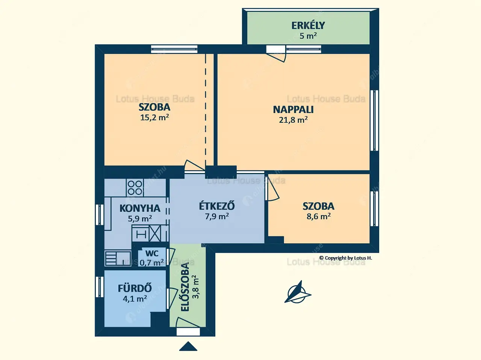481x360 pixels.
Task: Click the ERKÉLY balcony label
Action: [x=308, y=26]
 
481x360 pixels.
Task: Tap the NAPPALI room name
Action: [x=293, y=110]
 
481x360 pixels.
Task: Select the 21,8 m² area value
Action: [x=293, y=120]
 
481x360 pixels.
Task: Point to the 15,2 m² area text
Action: [x=154, y=117]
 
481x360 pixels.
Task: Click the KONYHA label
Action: [x=140, y=208]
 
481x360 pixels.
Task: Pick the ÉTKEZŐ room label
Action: [x=217, y=206]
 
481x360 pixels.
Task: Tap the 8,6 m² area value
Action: [x=319, y=216]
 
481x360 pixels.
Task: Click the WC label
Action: [x=152, y=253]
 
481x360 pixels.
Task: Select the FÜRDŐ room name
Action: [x=135, y=288]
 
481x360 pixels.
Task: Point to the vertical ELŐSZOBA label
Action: [x=185, y=287]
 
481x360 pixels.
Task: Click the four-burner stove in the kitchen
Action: [x=135, y=188]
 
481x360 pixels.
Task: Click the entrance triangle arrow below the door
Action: [x=188, y=346]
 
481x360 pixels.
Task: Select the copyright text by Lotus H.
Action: [x=345, y=258]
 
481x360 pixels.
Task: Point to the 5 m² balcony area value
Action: [x=308, y=36]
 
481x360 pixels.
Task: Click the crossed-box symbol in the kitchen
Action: [x=155, y=233]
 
